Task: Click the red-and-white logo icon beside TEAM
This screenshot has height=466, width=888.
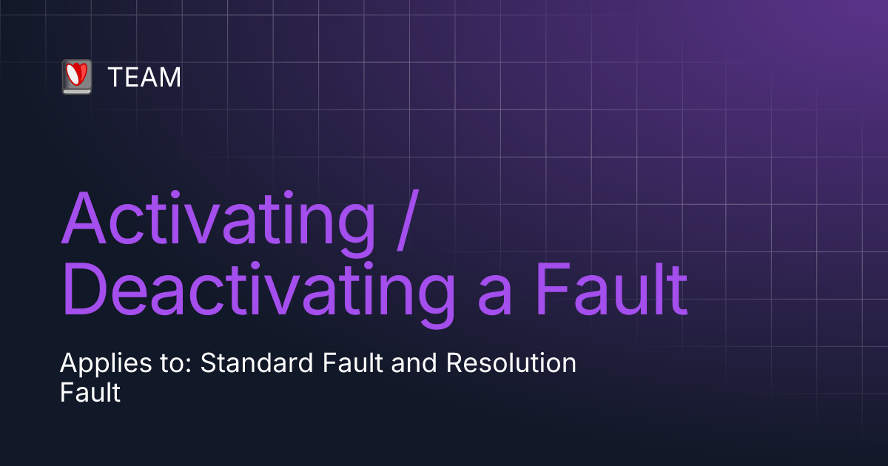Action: point(76,76)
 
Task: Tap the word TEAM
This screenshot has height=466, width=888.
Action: point(144,77)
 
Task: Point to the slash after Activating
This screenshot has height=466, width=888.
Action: point(403,219)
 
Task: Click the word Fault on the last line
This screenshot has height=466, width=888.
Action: point(90,392)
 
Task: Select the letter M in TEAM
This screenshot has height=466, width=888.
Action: point(171,77)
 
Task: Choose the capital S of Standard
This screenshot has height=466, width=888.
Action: point(208,364)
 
